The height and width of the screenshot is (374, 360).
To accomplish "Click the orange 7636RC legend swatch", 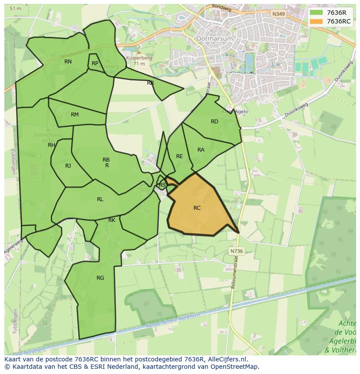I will point(317,21).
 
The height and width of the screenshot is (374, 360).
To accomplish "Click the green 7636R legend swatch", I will point(317,13).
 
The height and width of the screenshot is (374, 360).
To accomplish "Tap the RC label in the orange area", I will point(197,208).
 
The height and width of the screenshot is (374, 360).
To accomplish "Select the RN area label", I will point(68,62).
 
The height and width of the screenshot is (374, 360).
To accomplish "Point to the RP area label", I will point(95,63).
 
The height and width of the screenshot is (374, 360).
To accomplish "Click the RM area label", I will point(75,115).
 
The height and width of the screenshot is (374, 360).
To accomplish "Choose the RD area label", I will point(214,122).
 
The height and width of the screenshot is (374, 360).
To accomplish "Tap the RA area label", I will point(201,150).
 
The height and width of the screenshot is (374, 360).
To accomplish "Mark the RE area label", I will point(180,156).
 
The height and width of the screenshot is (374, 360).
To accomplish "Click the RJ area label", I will point(68,166).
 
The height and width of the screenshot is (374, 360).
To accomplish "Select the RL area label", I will point(100,199).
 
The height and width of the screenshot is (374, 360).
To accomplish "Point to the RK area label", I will point(112,220).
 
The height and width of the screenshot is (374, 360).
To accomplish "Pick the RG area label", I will point(100,278).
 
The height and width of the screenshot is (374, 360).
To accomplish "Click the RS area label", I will point(162,185).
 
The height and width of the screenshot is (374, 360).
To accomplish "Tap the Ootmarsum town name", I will point(215,39).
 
